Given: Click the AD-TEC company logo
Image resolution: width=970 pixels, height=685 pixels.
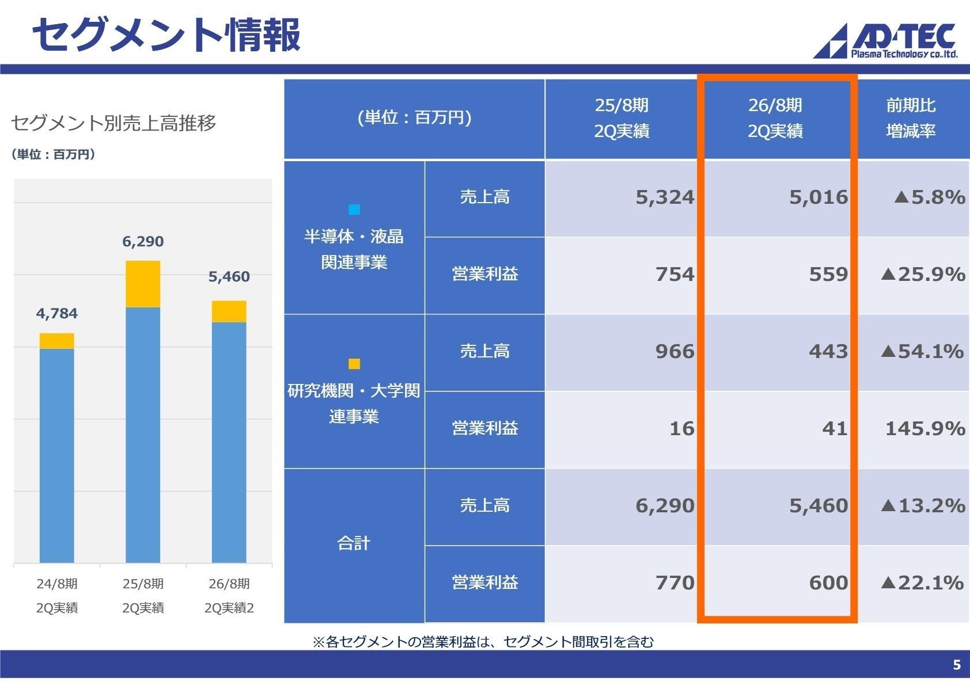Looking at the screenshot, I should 886,40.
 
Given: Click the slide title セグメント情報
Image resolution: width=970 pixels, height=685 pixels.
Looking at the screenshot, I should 166,35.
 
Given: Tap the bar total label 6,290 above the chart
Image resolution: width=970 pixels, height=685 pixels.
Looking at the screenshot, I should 143,241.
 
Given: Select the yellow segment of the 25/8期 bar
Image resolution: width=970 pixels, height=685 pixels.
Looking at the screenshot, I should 143,284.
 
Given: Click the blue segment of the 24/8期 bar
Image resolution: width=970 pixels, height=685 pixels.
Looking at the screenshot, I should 56,455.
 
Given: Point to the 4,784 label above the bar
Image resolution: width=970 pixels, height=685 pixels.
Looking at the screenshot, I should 56,313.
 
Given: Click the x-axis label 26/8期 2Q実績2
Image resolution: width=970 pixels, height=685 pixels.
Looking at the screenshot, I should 229,596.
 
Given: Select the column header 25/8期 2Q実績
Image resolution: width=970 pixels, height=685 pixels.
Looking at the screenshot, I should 622,118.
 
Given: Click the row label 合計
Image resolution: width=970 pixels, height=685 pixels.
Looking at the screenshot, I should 354,543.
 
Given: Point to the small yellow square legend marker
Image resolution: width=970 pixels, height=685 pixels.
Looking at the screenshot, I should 354,364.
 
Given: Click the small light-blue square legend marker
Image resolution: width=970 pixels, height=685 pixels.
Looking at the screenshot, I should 354,210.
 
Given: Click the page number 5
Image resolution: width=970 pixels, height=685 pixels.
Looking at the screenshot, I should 956,665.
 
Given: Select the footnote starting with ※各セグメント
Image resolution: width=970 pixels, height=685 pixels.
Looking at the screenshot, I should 483,641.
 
